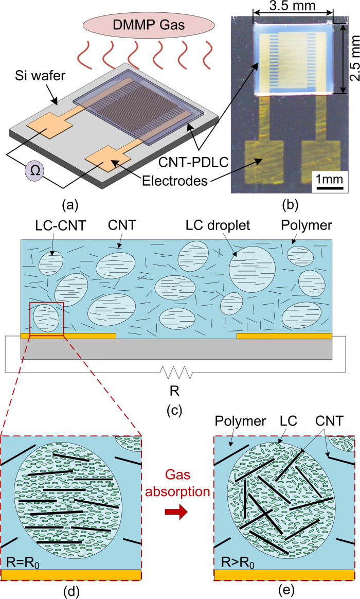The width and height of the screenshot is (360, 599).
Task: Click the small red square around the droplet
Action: [47, 319]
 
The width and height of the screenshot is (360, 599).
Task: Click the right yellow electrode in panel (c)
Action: [284, 336]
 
